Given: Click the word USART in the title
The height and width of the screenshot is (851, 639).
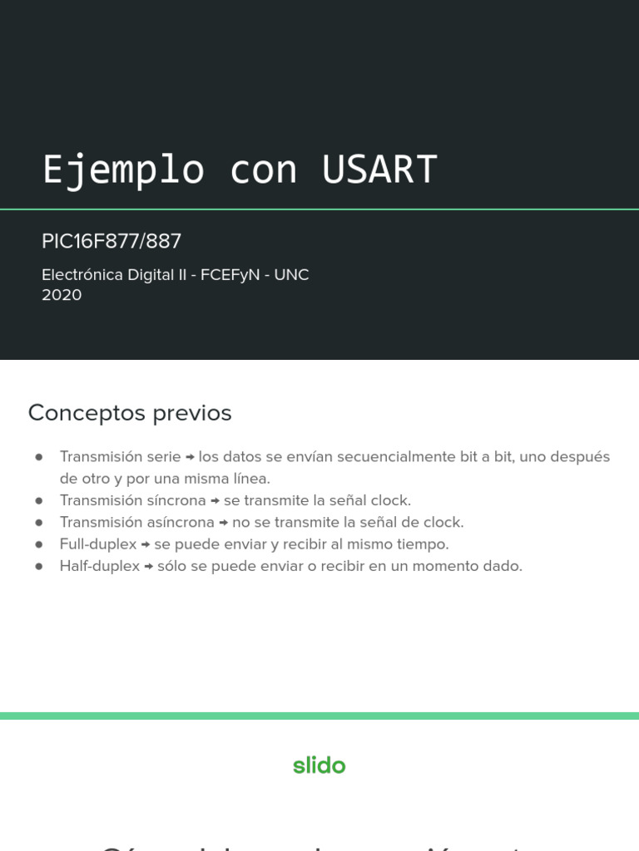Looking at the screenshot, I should (x=379, y=170).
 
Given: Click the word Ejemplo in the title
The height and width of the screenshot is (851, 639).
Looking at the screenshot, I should (x=123, y=170).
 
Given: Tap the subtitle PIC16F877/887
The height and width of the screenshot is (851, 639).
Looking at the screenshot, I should (x=111, y=242).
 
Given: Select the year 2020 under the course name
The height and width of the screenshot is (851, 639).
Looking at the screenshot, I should (x=62, y=295).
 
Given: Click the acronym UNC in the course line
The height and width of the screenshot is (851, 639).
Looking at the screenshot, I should (x=291, y=275).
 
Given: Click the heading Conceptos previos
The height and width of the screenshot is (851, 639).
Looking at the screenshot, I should (x=130, y=413).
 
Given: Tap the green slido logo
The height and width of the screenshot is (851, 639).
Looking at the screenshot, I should (x=319, y=765).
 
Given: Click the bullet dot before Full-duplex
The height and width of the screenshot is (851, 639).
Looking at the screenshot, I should (x=38, y=544).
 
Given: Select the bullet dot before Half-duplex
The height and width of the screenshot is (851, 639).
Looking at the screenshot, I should (x=38, y=566).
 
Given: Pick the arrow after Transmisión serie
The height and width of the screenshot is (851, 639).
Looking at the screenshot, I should (x=190, y=457).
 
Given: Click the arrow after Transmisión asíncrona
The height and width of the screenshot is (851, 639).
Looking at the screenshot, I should (x=224, y=523).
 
